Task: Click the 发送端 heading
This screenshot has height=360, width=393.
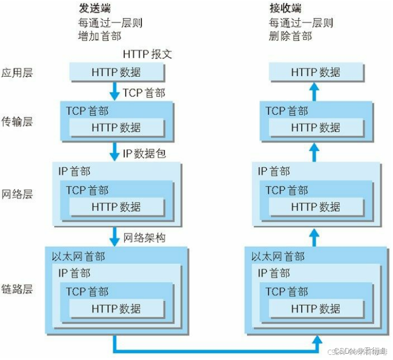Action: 94,9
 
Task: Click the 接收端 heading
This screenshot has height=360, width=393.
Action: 286,9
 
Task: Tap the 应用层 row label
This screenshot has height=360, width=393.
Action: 17,73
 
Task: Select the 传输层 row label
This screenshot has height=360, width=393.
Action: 17,122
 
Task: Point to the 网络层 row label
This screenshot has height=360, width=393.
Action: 17,193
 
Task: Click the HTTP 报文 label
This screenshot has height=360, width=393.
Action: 148,54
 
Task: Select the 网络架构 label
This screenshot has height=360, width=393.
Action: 144,237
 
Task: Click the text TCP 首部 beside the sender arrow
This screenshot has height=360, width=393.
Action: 144,93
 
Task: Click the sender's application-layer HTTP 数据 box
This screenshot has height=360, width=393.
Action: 116,72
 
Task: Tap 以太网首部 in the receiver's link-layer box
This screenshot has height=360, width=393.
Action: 278,256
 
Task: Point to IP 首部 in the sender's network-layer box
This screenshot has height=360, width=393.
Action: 74,171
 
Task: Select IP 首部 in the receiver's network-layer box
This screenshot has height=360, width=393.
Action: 274,171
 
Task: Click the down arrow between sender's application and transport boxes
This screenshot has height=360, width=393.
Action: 115,91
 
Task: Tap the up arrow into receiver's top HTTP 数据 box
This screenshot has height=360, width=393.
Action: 315,91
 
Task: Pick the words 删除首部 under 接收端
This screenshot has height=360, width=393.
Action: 290,36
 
